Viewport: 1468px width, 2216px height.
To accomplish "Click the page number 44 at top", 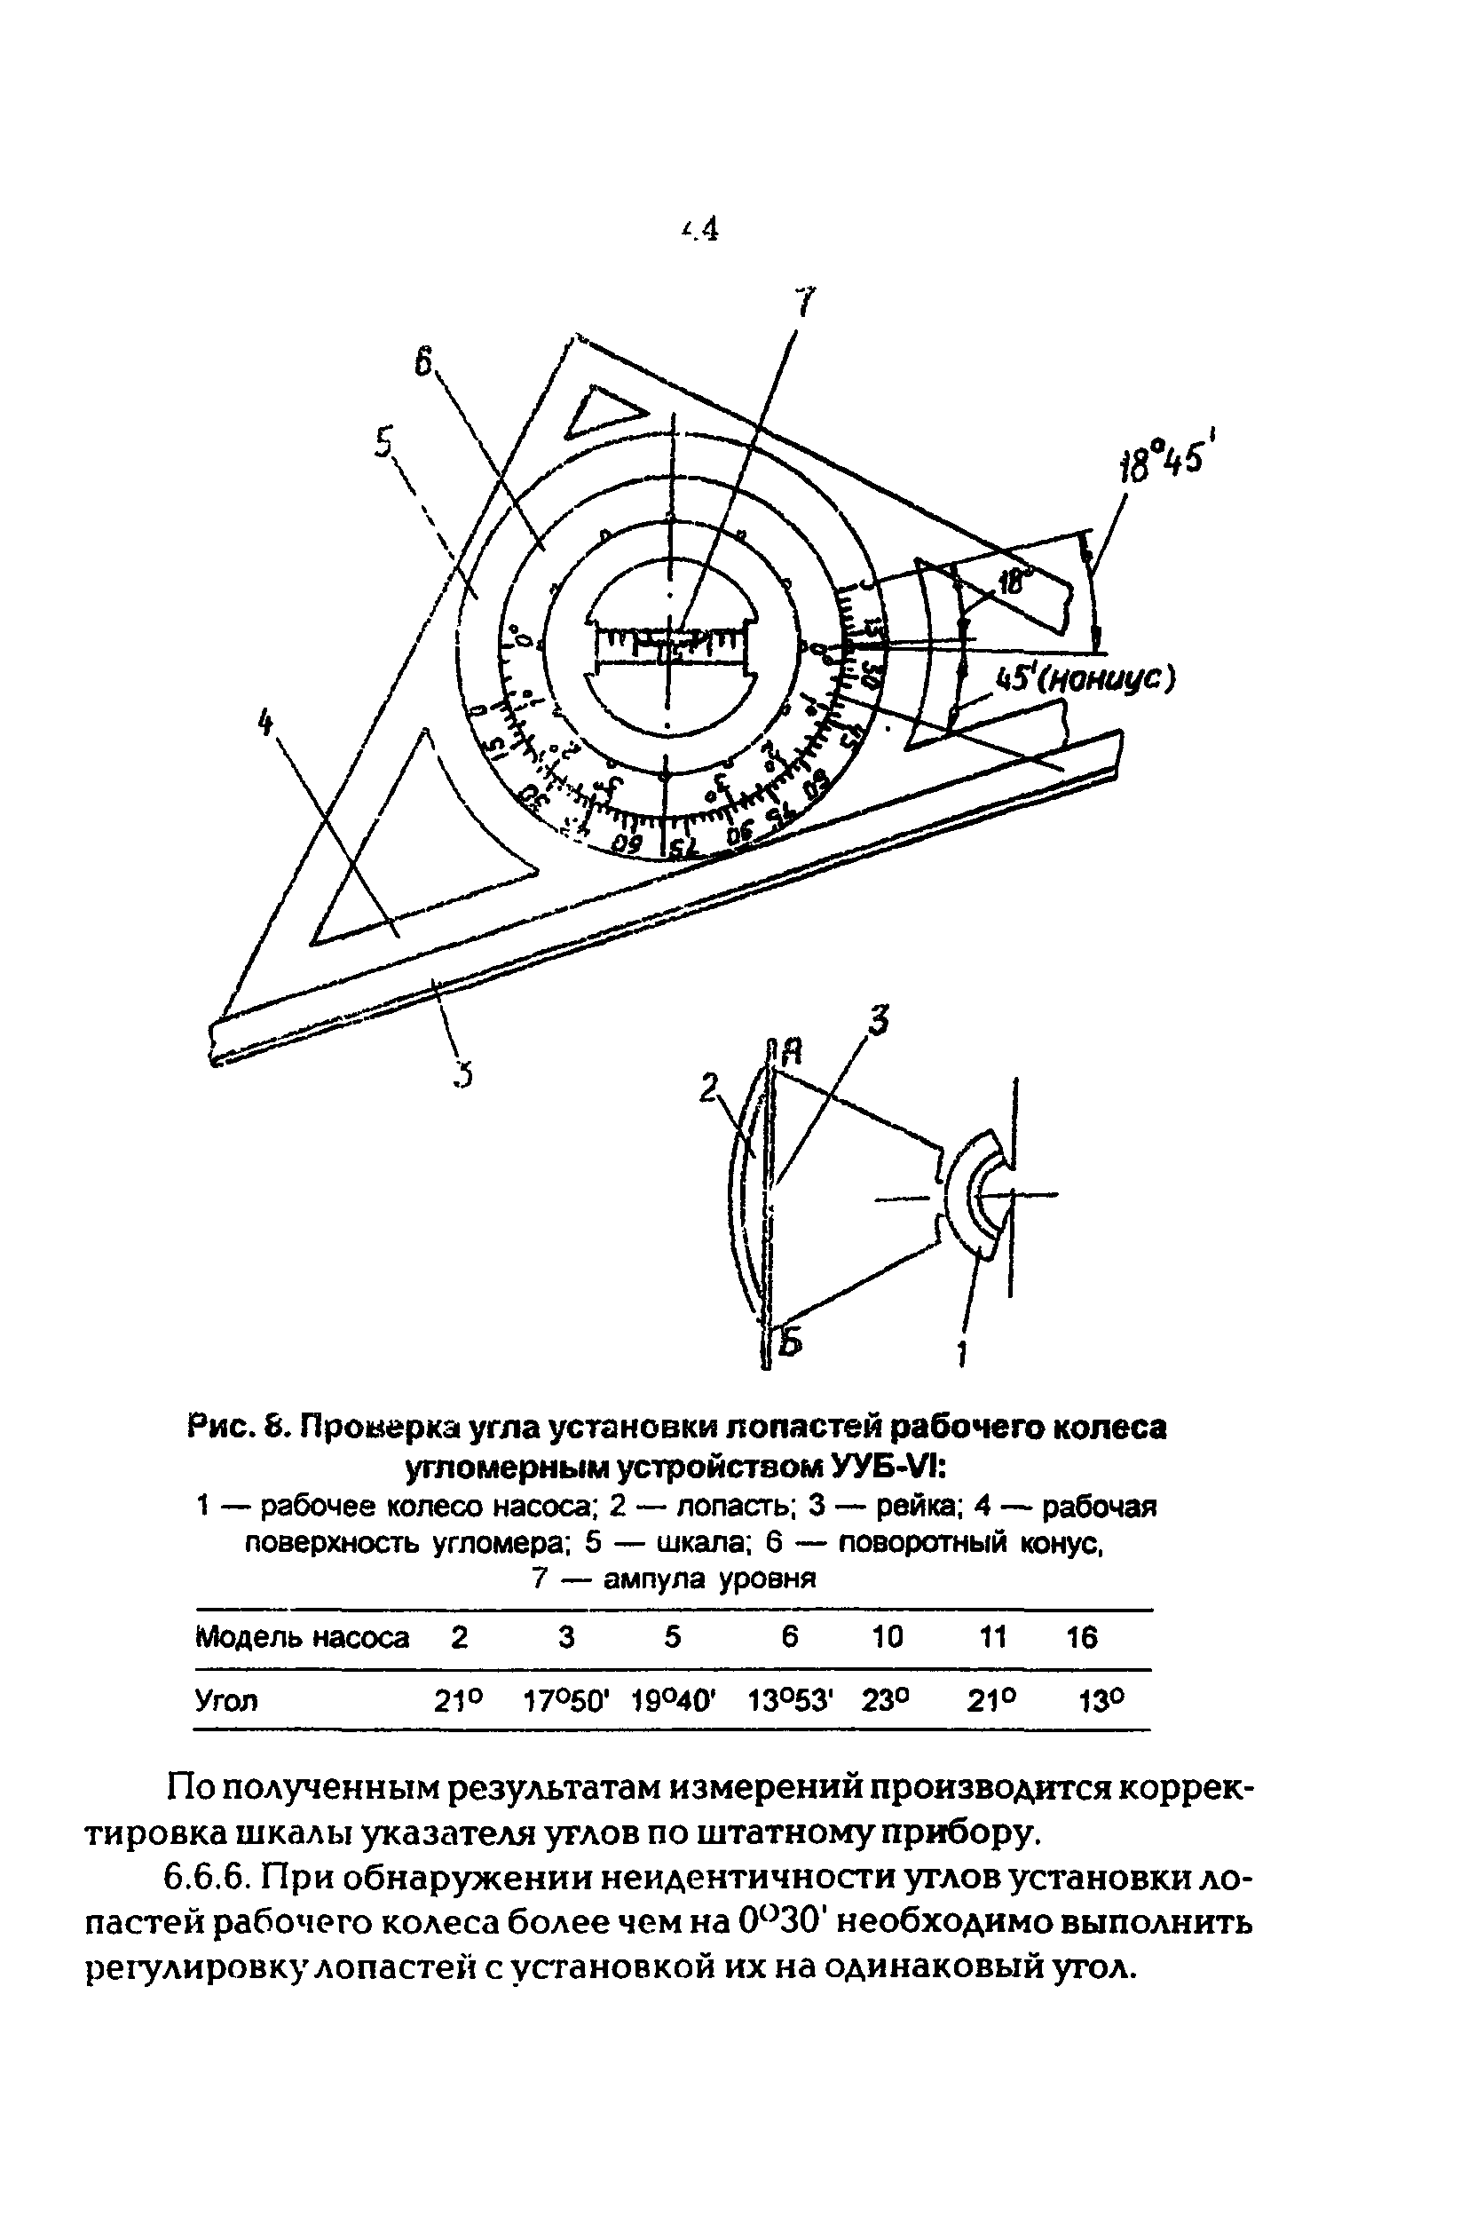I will click(701, 227).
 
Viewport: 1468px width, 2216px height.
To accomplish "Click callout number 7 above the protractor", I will click(803, 304).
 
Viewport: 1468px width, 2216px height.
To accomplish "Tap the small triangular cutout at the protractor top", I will click(603, 412).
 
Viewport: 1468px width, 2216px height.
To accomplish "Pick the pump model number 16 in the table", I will click(1081, 1637).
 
